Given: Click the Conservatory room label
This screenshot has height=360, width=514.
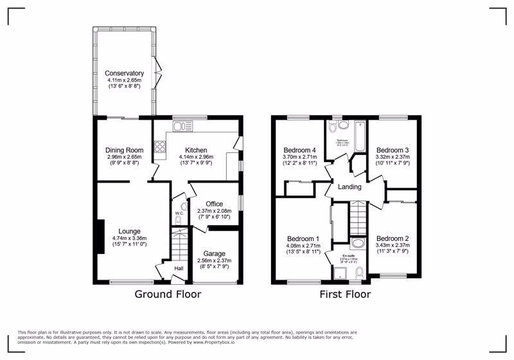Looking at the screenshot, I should [124, 73].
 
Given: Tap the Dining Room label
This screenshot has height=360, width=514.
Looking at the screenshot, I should [124, 150].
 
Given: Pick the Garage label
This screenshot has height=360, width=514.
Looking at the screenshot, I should [215, 253].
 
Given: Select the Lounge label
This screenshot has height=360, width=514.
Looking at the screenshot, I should [129, 231].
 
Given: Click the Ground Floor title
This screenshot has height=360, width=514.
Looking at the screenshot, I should [168, 295].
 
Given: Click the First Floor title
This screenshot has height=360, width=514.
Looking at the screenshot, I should [346, 295].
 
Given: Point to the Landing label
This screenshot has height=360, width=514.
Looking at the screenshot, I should [350, 187].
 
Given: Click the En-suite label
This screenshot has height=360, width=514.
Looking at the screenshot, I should [358, 255].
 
